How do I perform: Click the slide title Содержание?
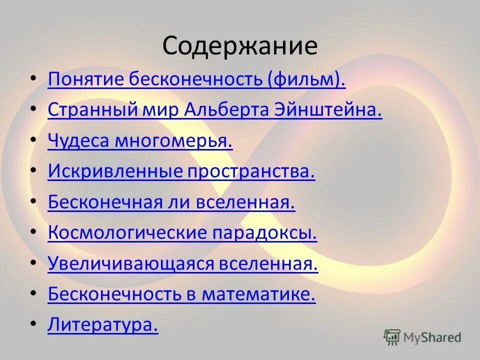click(x=239, y=46)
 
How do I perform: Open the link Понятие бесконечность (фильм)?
click(x=196, y=80)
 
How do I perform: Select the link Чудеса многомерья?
click(x=140, y=141)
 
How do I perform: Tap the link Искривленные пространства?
click(x=181, y=172)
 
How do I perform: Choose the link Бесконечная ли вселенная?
click(x=171, y=202)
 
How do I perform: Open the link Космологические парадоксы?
click(x=182, y=233)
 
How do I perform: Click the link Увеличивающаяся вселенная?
click(x=183, y=264)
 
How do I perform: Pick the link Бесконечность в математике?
click(x=182, y=294)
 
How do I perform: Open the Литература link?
click(x=103, y=325)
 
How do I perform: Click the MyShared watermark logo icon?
click(x=392, y=337)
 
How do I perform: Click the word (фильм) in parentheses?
click(x=306, y=80)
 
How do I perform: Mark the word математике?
click(x=258, y=294)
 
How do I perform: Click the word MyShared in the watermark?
click(x=432, y=337)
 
